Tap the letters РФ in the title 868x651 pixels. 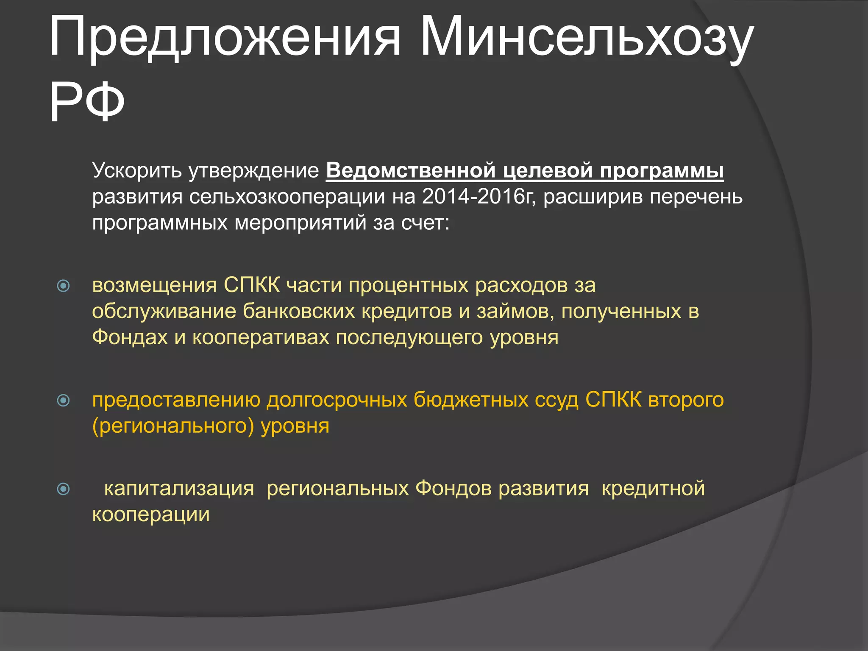[x=87, y=103]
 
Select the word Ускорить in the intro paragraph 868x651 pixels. [x=137, y=171]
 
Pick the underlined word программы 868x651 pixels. [x=662, y=171]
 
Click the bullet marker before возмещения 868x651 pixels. [x=63, y=286]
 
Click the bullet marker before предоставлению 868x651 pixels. [x=63, y=400]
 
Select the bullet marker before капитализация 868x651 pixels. [x=63, y=489]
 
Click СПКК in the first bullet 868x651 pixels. [x=252, y=285]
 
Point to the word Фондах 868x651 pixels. [x=130, y=337]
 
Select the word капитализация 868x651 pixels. [x=179, y=489]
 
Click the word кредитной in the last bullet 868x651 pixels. [x=653, y=489]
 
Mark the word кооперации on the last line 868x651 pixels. [x=151, y=515]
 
